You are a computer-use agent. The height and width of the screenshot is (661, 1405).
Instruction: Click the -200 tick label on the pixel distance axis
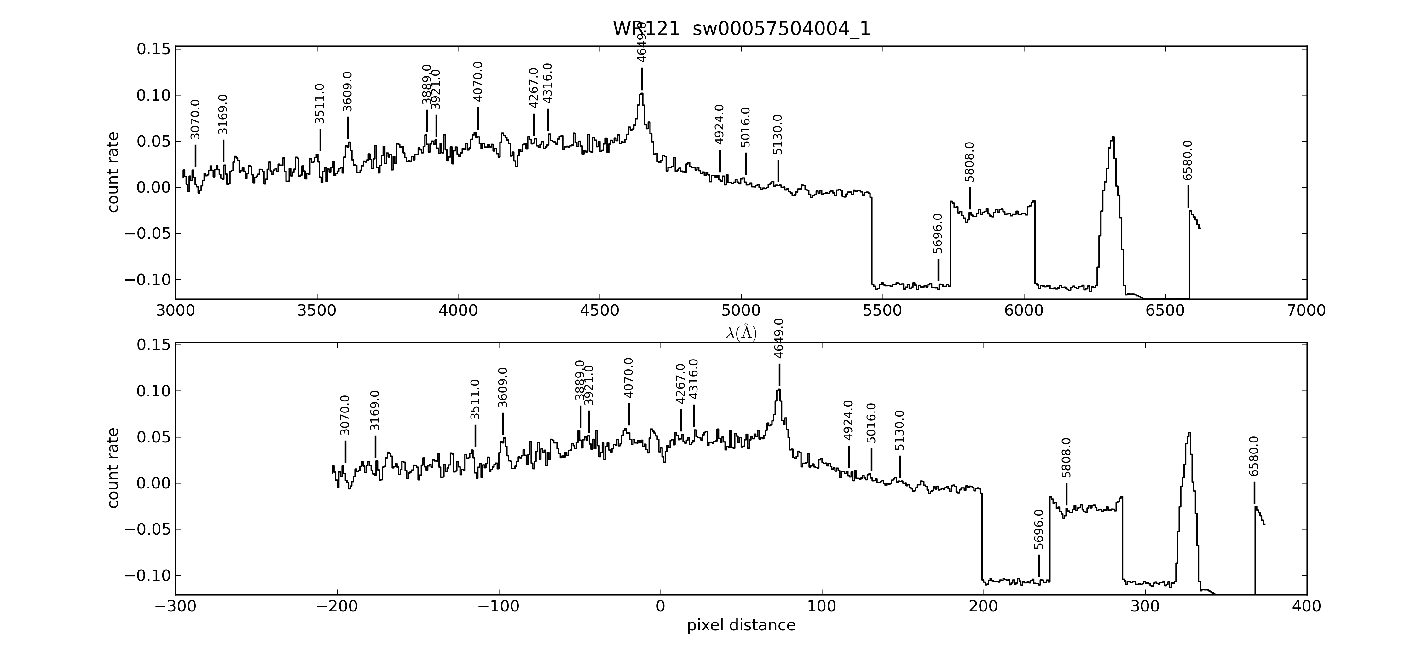click(337, 607)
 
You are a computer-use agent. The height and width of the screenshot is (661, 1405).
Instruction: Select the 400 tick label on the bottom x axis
click(1306, 607)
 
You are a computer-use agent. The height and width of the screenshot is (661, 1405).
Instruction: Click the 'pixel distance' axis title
click(741, 625)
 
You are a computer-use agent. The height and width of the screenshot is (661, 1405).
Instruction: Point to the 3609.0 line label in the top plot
click(347, 92)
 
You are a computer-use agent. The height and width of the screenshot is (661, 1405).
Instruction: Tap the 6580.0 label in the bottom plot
click(1254, 456)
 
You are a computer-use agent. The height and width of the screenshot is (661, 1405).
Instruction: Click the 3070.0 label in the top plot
click(195, 120)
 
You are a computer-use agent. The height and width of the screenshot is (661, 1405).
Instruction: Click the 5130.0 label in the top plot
click(778, 135)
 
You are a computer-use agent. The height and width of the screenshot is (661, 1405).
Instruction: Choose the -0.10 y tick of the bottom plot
click(147, 576)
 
